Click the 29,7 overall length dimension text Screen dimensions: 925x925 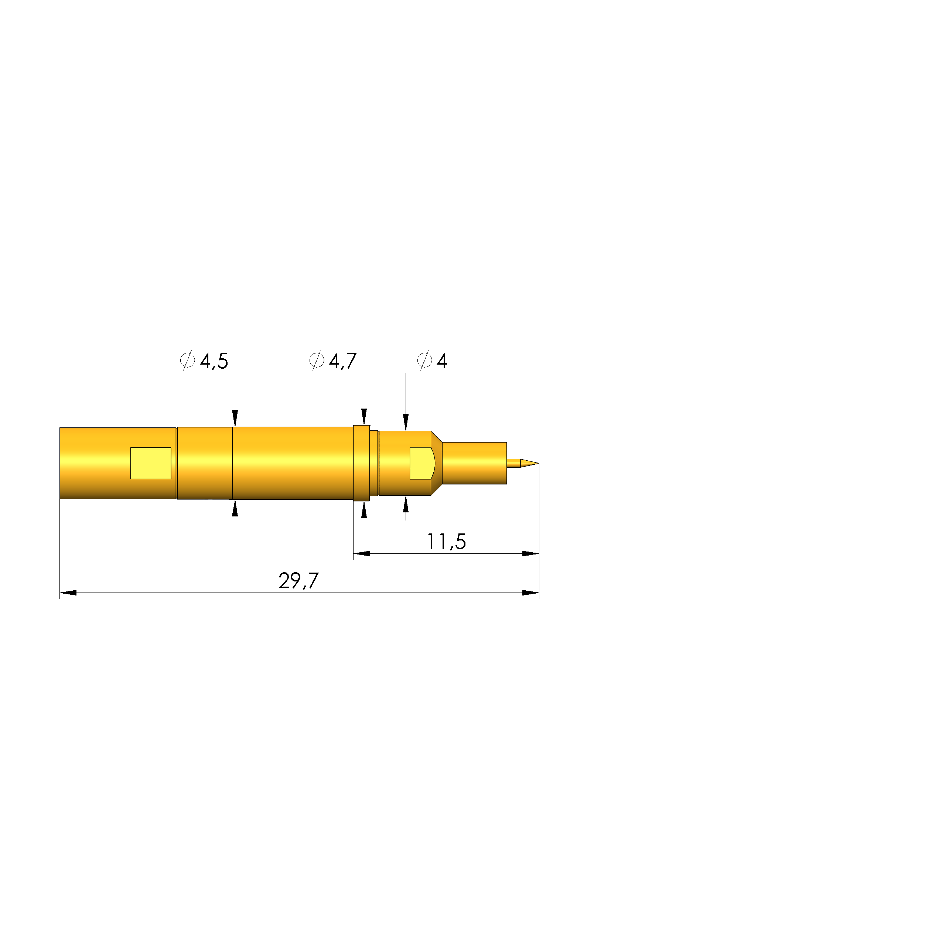[298, 581]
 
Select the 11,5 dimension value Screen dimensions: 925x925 [446, 542]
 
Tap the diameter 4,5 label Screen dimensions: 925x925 [204, 361]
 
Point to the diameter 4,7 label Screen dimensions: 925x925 [333, 361]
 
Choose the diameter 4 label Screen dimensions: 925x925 [432, 361]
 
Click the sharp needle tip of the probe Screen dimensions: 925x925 [539, 463]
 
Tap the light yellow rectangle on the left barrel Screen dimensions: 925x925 [151, 463]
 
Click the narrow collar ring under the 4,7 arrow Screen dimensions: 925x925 [362, 463]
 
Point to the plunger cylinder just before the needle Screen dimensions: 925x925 [474, 463]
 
